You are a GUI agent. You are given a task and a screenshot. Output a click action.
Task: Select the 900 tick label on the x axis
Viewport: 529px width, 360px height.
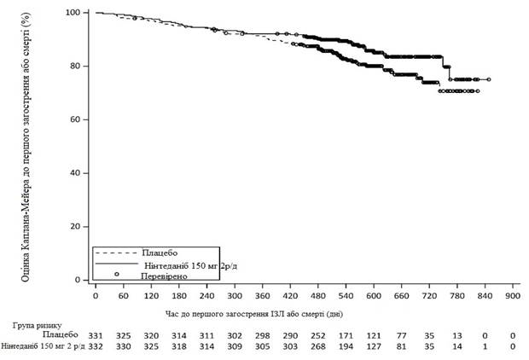click(x=513, y=296)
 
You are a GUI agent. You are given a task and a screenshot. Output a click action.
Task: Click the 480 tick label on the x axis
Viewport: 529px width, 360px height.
click(x=318, y=296)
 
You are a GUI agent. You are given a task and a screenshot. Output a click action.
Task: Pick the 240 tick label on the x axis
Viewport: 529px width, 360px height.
click(x=207, y=296)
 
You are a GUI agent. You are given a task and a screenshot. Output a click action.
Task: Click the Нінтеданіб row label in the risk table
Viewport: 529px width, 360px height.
click(x=40, y=347)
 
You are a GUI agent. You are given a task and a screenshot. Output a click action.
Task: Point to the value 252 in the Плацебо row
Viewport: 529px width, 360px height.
click(x=318, y=335)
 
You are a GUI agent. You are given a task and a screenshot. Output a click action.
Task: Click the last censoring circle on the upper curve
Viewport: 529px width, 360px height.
click(x=488, y=79)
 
